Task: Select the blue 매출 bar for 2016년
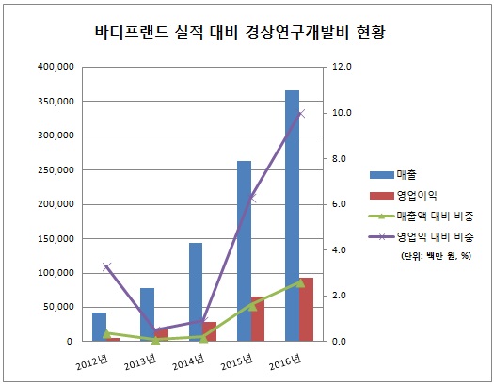point(293,216)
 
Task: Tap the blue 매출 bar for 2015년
point(245,250)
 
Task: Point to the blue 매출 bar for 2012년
point(99,327)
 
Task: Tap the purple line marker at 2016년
point(300,113)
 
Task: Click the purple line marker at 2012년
point(106,266)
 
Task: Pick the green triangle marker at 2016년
point(300,281)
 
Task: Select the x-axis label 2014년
point(187,360)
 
